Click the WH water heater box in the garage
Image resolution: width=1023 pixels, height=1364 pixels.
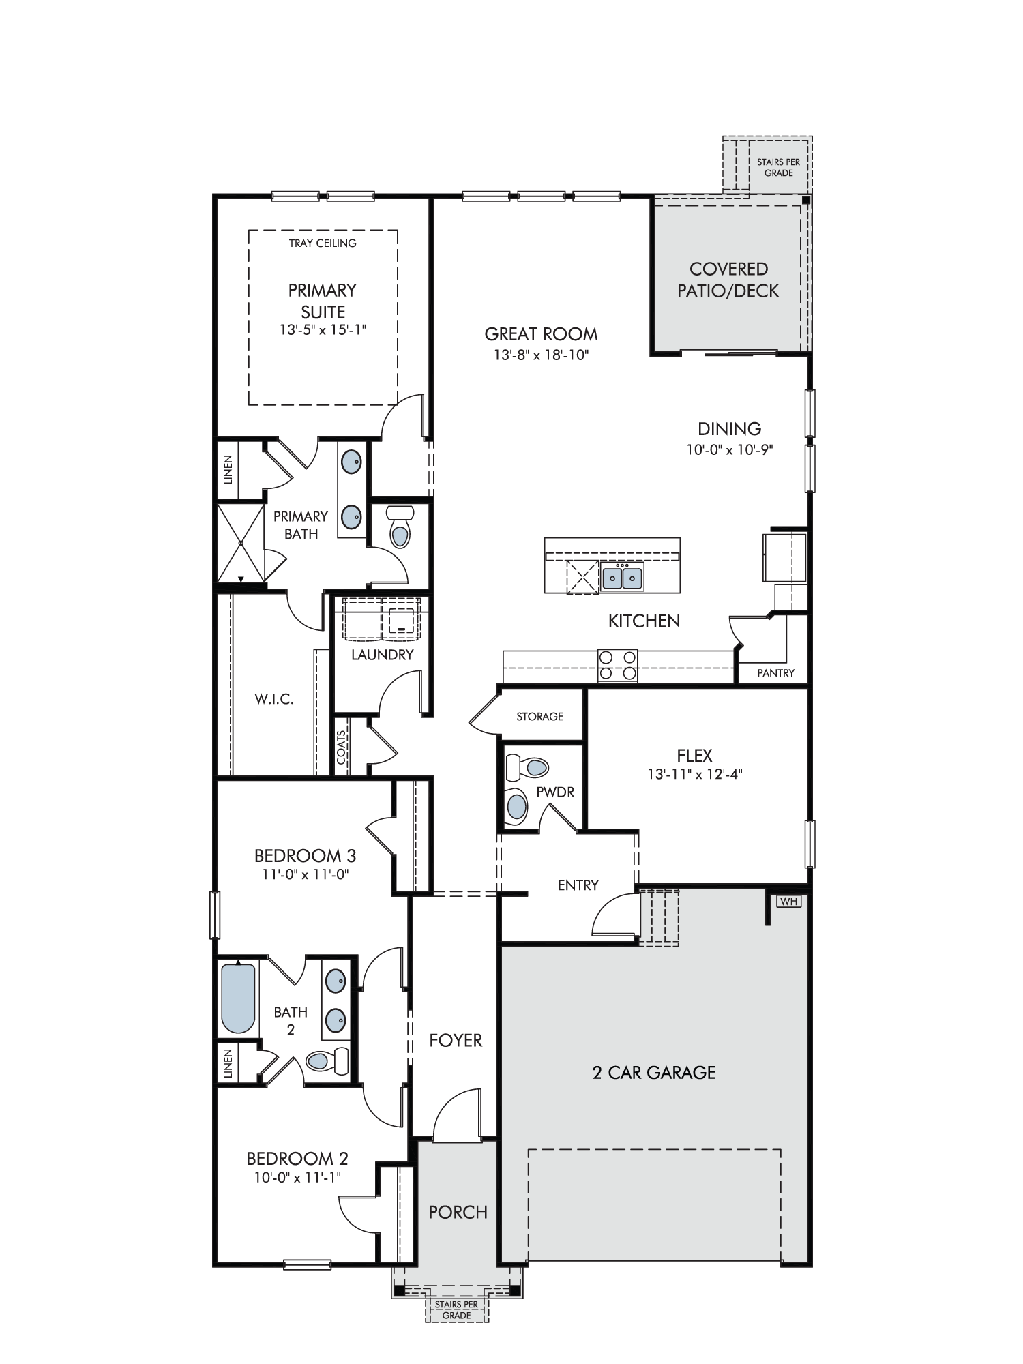[789, 901]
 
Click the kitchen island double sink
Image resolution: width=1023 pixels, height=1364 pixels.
[622, 578]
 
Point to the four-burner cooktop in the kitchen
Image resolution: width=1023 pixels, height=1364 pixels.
[617, 666]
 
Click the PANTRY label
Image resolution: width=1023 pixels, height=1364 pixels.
[776, 673]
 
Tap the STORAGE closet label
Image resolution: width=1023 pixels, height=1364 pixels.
[539, 716]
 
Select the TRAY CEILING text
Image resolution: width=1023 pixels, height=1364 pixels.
[323, 243]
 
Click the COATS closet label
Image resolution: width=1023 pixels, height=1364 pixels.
[341, 748]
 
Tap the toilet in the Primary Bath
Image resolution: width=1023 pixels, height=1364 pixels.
[398, 527]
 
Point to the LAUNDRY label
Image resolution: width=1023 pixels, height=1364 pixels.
[383, 655]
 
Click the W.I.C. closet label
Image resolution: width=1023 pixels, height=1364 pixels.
[274, 699]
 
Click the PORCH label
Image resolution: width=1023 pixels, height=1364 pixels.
[458, 1212]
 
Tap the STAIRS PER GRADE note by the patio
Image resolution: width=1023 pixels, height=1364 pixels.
[778, 168]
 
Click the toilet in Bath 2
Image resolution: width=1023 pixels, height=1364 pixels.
[327, 1061]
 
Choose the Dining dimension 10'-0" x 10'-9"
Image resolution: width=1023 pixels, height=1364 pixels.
[730, 450]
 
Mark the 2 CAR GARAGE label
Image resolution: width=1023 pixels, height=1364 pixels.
[655, 1073]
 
